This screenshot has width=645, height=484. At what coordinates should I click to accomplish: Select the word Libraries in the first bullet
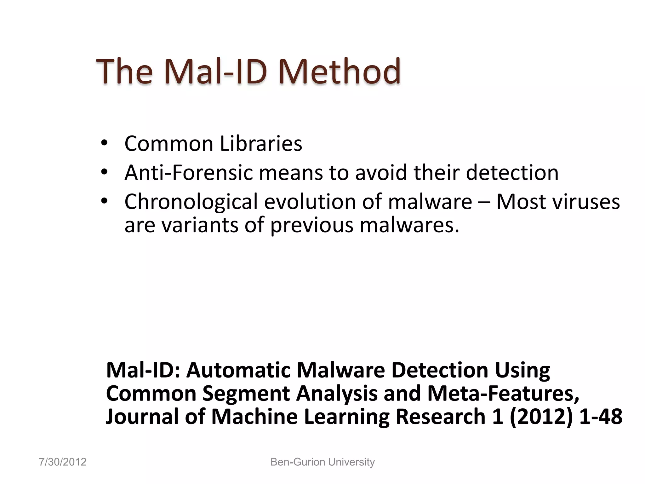click(x=261, y=144)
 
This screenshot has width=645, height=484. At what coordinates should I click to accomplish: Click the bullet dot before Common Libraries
click(x=104, y=143)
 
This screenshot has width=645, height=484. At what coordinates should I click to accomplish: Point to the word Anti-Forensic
click(x=189, y=173)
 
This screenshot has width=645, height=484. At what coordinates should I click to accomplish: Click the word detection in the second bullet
click(x=512, y=173)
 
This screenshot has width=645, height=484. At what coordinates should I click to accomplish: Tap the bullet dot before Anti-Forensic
click(x=104, y=172)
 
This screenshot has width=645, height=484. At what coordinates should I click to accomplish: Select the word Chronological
click(x=191, y=202)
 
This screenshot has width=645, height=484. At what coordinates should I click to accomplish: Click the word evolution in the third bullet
click(x=310, y=202)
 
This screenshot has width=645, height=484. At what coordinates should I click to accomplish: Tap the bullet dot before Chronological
click(x=104, y=201)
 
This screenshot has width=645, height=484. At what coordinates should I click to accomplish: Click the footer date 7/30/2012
click(x=63, y=462)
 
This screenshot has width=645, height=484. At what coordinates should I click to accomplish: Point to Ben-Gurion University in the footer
click(x=322, y=462)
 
